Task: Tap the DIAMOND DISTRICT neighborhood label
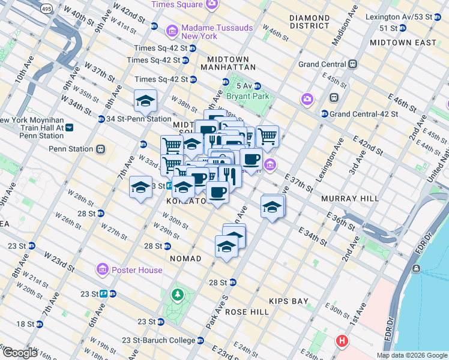[309, 22]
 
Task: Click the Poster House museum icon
[101, 269]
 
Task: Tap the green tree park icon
[177, 295]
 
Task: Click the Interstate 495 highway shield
[46, 10]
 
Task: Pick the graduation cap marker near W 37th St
[145, 101]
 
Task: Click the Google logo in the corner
[19, 353]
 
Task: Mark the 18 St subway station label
[26, 324]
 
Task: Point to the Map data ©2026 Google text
[411, 355]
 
